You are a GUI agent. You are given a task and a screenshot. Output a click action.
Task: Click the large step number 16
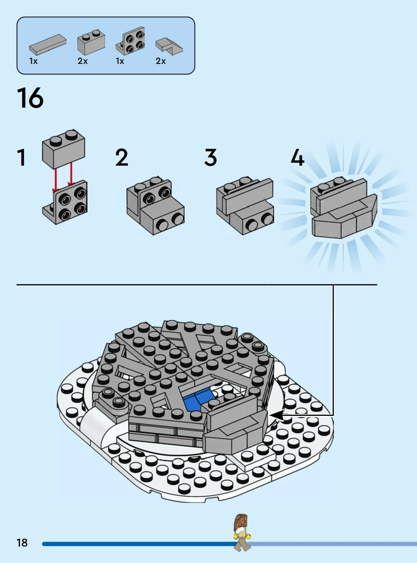(30, 98)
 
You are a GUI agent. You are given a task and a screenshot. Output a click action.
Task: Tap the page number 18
(22, 543)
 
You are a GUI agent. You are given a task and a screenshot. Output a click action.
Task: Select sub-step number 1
(21, 158)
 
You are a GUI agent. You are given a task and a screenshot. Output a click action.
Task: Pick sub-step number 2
(121, 157)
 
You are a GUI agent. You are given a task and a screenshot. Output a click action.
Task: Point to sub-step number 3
(211, 157)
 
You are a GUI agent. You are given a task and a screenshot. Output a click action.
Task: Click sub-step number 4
(298, 157)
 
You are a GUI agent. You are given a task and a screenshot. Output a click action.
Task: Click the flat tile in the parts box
(48, 45)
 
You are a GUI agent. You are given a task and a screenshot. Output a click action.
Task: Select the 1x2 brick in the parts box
(91, 42)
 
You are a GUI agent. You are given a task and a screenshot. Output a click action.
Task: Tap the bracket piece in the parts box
(130, 41)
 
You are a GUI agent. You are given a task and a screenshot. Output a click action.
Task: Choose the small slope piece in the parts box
(169, 45)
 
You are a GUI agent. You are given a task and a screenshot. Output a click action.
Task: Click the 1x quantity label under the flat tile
(33, 61)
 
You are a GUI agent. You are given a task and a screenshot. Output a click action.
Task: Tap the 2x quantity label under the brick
(82, 61)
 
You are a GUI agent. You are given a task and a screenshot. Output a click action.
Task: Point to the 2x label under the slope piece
(161, 61)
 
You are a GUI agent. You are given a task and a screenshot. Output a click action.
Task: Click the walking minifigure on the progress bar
(242, 533)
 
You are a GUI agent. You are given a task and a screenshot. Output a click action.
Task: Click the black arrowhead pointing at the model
(277, 415)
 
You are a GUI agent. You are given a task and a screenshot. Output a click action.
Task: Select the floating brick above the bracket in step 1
(63, 149)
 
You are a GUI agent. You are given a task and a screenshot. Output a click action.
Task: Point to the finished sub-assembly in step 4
(344, 208)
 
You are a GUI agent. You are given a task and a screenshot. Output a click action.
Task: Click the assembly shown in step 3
(245, 206)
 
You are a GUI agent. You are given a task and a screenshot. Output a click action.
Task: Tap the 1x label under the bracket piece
(120, 61)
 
